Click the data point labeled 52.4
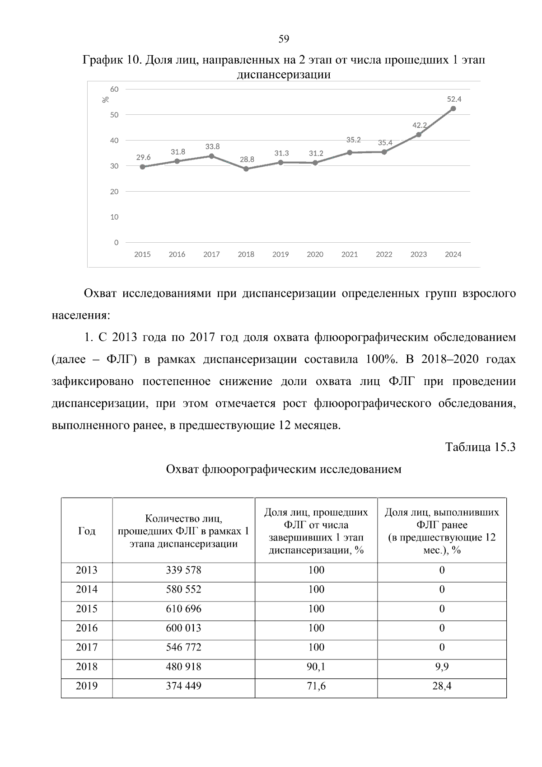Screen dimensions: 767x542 click(453, 108)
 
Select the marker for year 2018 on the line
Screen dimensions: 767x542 click(246, 169)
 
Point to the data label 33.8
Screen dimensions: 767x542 click(212, 146)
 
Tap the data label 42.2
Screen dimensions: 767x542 click(420, 125)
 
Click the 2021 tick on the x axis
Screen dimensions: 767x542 click(350, 254)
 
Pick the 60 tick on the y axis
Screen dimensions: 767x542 click(115, 89)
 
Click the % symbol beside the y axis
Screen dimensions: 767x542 click(106, 99)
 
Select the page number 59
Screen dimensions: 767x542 click(284, 39)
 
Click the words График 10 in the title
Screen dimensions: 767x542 click(112, 60)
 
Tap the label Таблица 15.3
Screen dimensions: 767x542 click(480, 447)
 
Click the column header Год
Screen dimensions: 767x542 click(87, 531)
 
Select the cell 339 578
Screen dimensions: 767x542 click(183, 570)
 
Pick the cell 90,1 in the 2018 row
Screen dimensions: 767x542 click(316, 667)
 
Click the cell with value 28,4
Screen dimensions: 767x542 click(442, 687)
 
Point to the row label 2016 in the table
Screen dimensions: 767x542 click(87, 628)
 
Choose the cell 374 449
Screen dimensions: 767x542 click(183, 687)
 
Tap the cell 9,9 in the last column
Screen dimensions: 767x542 click(442, 667)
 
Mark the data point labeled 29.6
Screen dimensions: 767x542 click(143, 167)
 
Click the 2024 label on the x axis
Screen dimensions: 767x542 click(453, 254)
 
